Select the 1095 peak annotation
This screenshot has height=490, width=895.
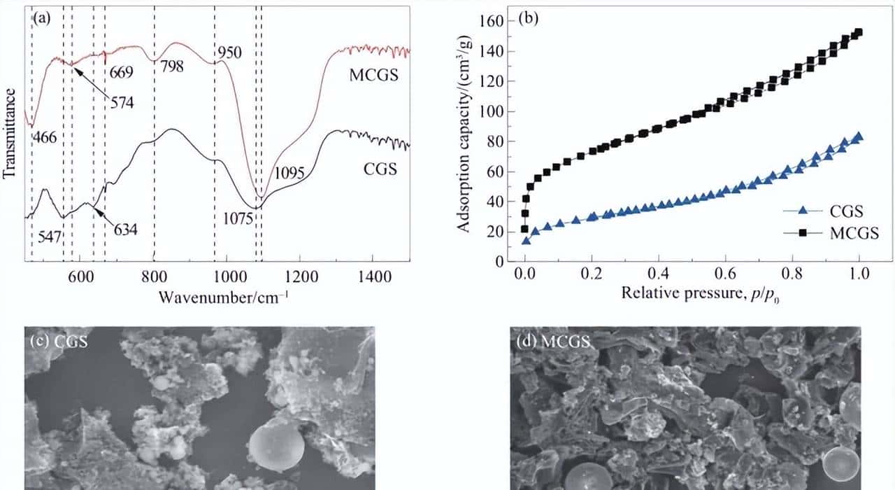[x=288, y=173]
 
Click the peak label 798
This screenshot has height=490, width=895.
[x=173, y=67]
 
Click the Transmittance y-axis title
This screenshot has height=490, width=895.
[x=10, y=130]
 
